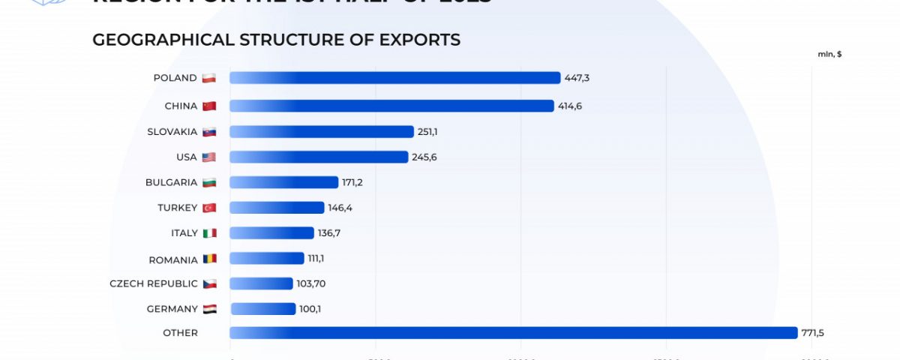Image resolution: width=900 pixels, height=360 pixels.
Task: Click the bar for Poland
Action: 394,78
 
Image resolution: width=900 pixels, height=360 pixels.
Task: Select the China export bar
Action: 391,106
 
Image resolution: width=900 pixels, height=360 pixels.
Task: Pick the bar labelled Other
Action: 513,333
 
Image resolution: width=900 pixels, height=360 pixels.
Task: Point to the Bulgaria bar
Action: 283,182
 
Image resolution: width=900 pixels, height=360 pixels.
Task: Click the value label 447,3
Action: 577,78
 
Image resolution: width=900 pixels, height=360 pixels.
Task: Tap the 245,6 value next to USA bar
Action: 424,157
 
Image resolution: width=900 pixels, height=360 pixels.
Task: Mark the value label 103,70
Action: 311,283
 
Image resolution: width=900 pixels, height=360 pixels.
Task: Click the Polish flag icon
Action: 209,78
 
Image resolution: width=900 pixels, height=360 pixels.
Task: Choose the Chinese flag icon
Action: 209,106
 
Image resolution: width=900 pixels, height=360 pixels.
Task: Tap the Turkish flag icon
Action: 209,208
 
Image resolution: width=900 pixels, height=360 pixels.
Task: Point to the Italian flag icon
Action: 209,233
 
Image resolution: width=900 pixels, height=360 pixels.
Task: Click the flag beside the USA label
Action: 209,157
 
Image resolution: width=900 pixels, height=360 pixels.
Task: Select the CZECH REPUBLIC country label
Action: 154,283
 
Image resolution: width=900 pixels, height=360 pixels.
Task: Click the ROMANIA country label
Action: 173,259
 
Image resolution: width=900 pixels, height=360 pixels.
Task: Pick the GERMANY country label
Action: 172,309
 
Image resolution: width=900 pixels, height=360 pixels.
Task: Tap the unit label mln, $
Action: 829,54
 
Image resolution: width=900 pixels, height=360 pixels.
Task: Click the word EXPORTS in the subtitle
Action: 421,40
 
